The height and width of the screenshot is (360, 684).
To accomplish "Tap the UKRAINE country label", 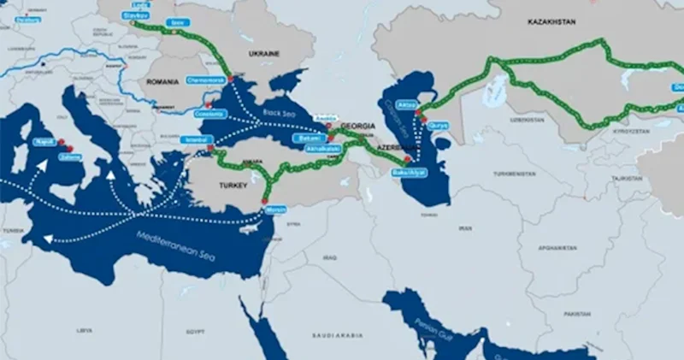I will click(264, 53).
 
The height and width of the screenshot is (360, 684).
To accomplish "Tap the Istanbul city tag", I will click(197, 139).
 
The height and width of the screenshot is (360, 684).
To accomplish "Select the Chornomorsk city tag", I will click(205, 80).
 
